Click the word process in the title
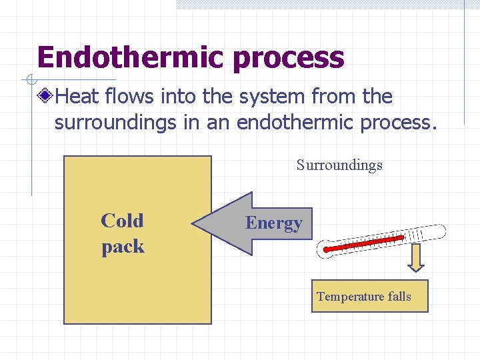pos(289,59)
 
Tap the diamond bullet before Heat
pos(45,97)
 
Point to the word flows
pos(129,97)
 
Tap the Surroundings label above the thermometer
pos(339,165)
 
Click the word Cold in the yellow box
pos(122,221)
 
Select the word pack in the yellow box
pos(123,247)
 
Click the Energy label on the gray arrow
pos(273,223)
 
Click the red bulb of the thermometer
pos(327,251)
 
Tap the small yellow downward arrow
pos(416,258)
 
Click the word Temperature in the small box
pos(351,297)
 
